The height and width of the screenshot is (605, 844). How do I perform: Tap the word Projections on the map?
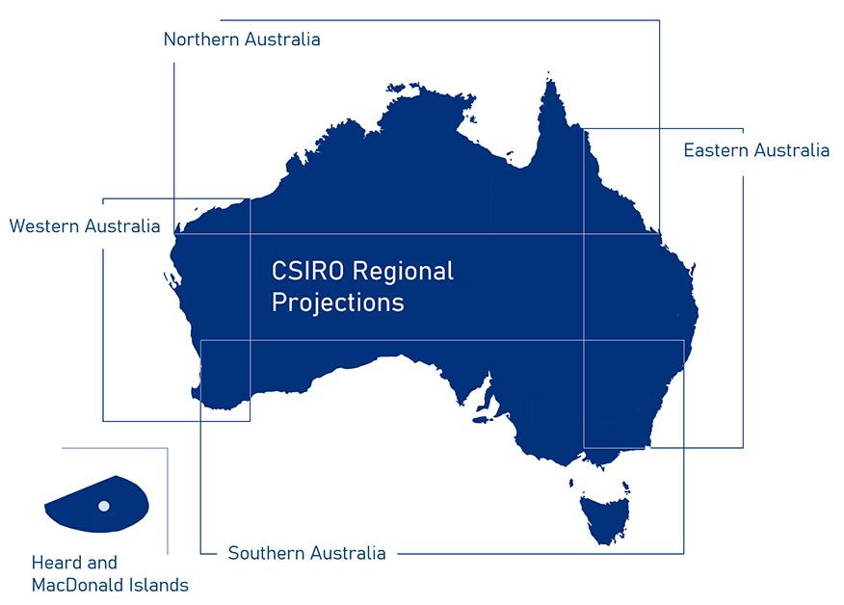(337, 302)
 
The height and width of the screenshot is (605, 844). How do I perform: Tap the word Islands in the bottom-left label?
(160, 585)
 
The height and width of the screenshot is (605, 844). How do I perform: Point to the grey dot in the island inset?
(104, 506)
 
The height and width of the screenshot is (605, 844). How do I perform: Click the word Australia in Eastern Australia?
(792, 150)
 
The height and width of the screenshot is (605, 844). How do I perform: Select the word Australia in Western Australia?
(123, 226)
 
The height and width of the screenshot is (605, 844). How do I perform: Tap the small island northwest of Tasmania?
(571, 484)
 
